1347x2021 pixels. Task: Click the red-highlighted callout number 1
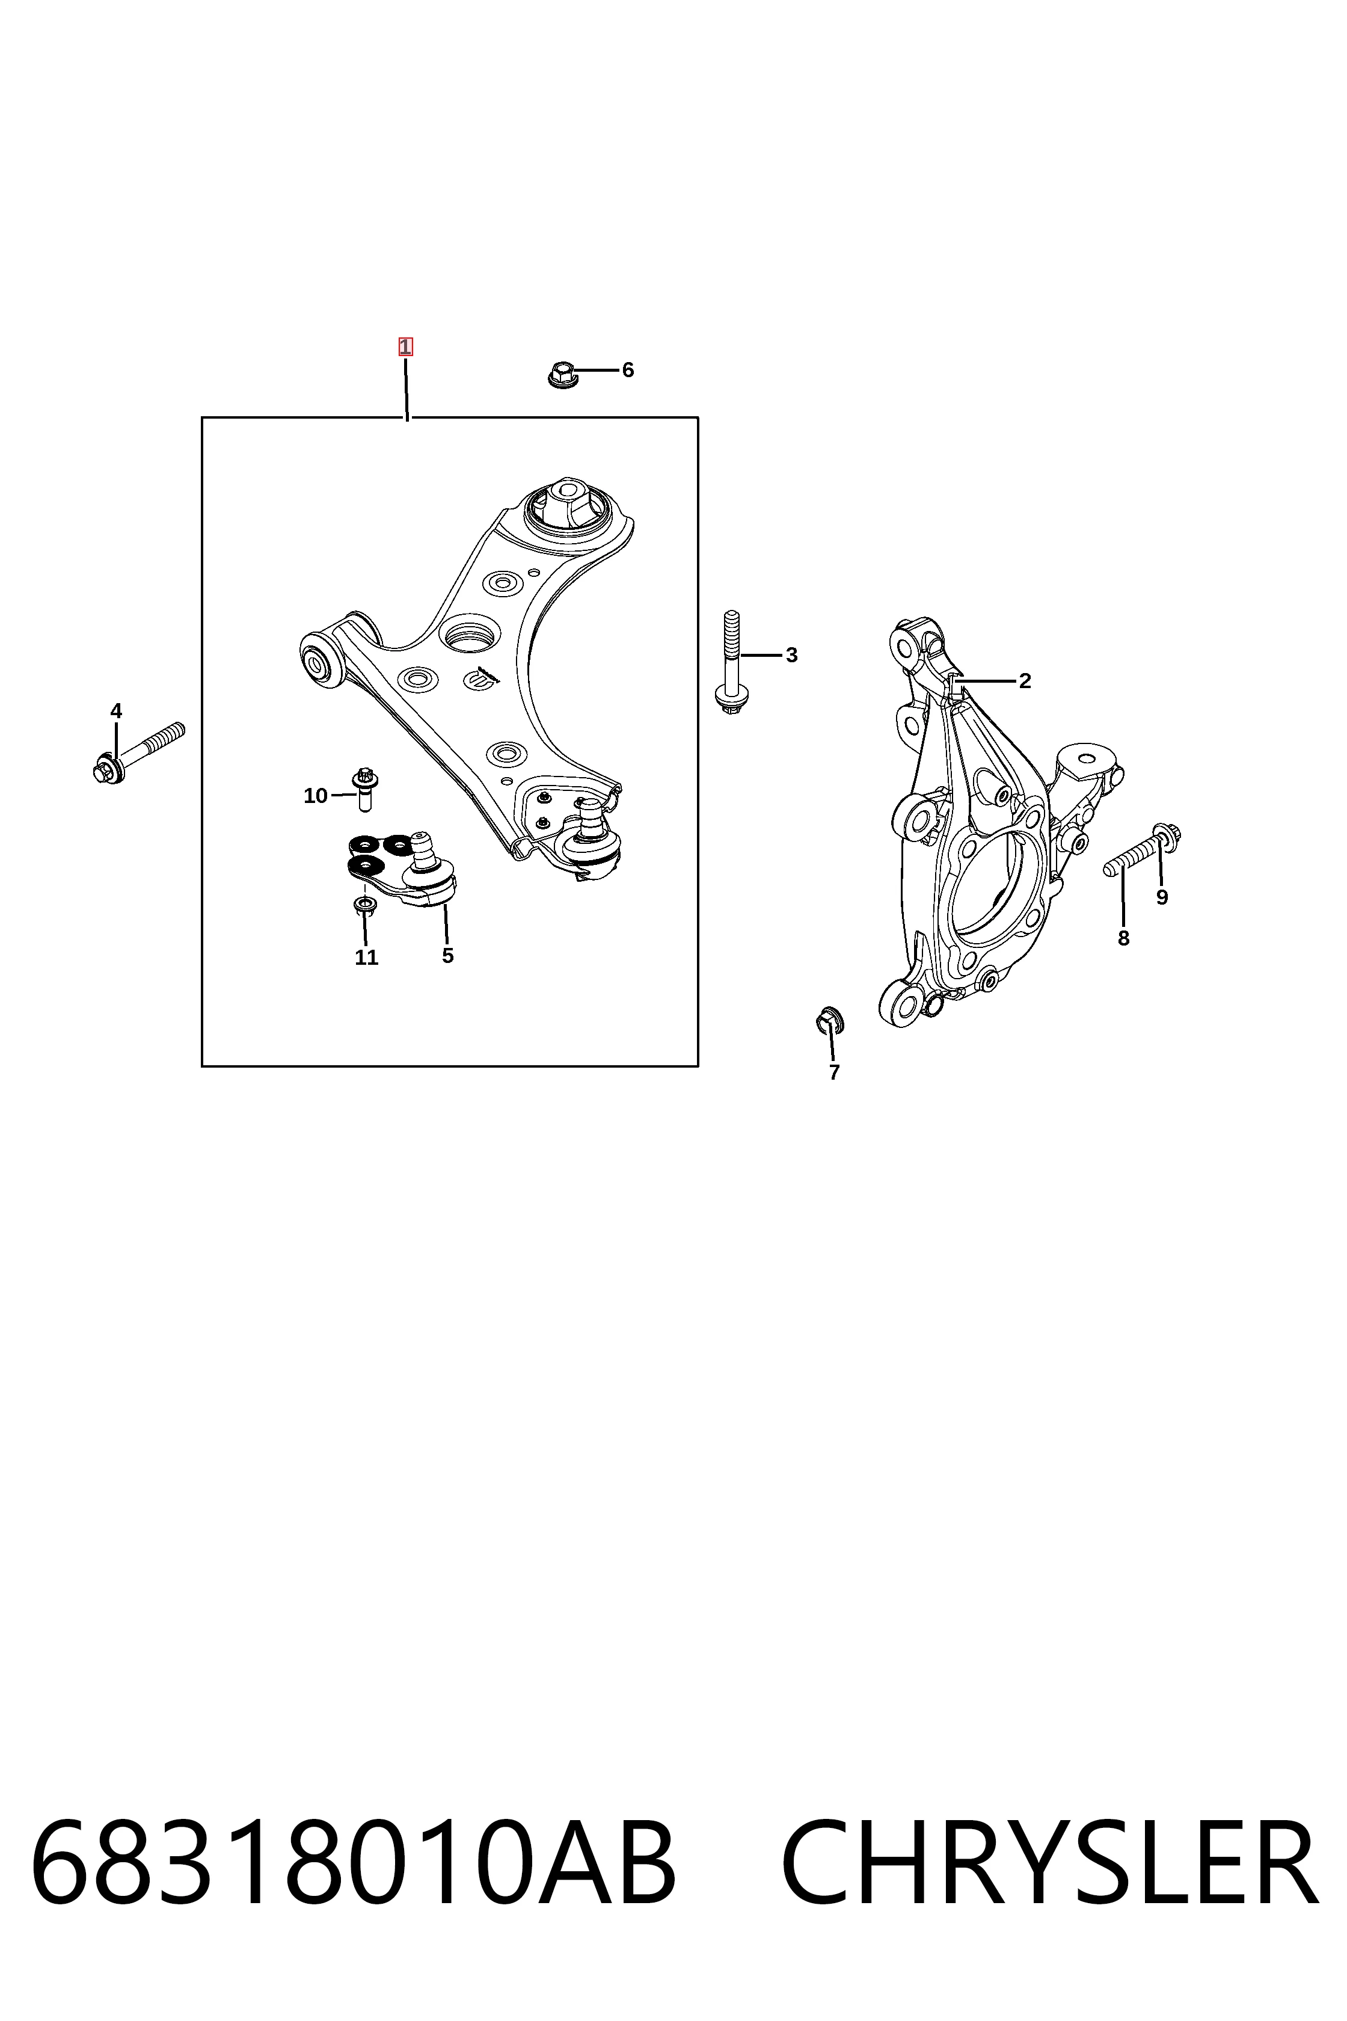pos(405,347)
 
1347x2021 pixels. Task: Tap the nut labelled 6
pos(561,375)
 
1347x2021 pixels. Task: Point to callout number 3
pos(791,655)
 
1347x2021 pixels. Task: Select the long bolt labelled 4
pos(138,752)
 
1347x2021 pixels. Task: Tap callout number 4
pos(116,710)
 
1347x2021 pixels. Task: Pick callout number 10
pos(315,796)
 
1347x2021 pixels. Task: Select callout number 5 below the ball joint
pos(447,956)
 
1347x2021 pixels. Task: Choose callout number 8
pos(1124,938)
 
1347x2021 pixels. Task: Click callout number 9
pos(1162,897)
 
